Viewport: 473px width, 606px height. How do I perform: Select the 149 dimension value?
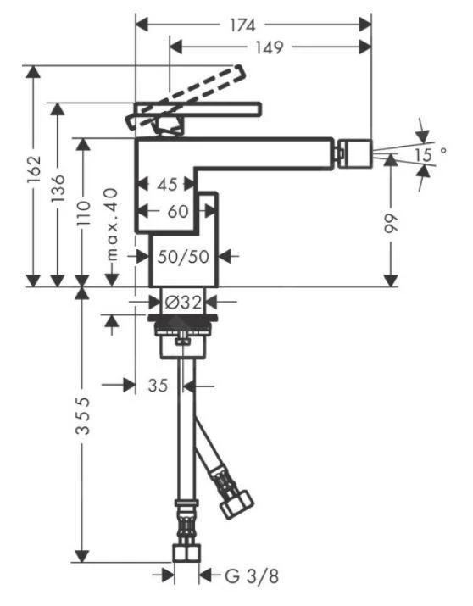pos(269,47)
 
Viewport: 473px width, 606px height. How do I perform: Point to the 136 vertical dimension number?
pos(58,195)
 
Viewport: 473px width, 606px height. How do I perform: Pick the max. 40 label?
pos(111,224)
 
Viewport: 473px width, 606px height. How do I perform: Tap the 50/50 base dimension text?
pos(182,256)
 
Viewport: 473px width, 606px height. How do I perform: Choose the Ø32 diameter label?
pos(181,301)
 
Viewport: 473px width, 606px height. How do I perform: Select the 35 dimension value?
pos(157,386)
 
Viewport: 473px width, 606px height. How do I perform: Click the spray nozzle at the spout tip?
pos(355,153)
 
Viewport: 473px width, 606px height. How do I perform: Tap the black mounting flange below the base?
pos(186,320)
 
